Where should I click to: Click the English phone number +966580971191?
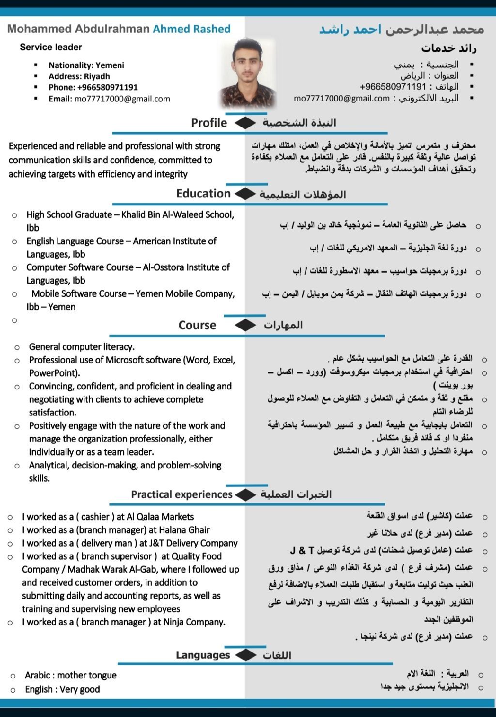[107, 88]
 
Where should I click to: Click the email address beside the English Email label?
[122, 99]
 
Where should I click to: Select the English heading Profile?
[209, 123]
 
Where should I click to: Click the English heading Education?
[203, 194]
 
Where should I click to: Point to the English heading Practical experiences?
[182, 495]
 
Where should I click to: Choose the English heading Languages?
[203, 656]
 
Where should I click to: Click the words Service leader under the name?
[51, 47]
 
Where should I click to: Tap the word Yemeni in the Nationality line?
[110, 65]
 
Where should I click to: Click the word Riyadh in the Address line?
[97, 76]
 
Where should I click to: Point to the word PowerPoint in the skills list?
[53, 373]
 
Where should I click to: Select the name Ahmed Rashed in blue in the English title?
[191, 29]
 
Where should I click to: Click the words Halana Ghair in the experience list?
[186, 530]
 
